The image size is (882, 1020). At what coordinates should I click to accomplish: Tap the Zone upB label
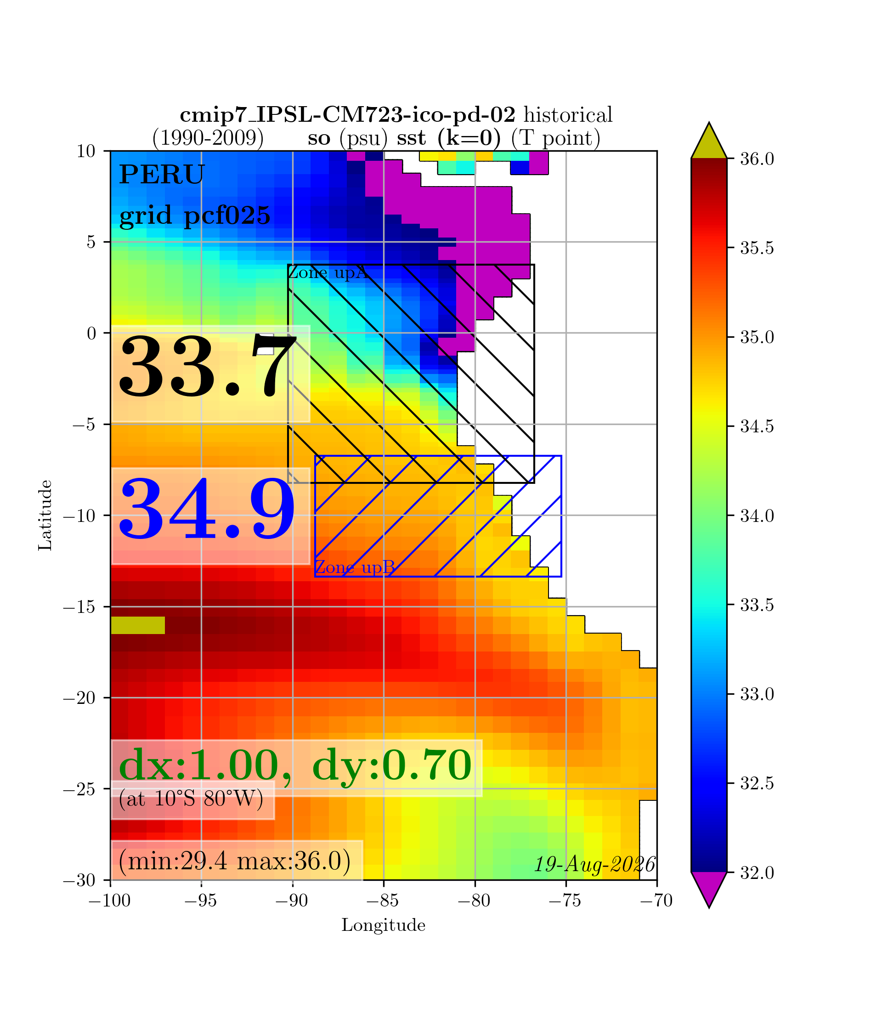point(355,567)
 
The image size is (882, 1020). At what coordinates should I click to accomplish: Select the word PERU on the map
point(162,175)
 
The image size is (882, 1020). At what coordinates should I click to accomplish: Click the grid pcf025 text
point(195,215)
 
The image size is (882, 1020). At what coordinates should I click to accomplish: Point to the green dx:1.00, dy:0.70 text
point(295,765)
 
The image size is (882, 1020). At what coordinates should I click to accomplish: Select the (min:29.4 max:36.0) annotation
point(235,861)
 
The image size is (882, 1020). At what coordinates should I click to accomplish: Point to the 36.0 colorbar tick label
point(757,159)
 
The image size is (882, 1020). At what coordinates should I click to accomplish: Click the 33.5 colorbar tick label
point(757,605)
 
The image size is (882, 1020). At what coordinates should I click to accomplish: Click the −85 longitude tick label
point(384,901)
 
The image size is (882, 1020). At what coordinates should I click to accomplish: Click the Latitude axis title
point(45,516)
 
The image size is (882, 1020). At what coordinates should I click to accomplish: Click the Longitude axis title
point(384,925)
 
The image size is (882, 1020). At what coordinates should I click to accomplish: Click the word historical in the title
point(568,115)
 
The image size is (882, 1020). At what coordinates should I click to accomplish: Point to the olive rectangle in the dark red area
point(138,625)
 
